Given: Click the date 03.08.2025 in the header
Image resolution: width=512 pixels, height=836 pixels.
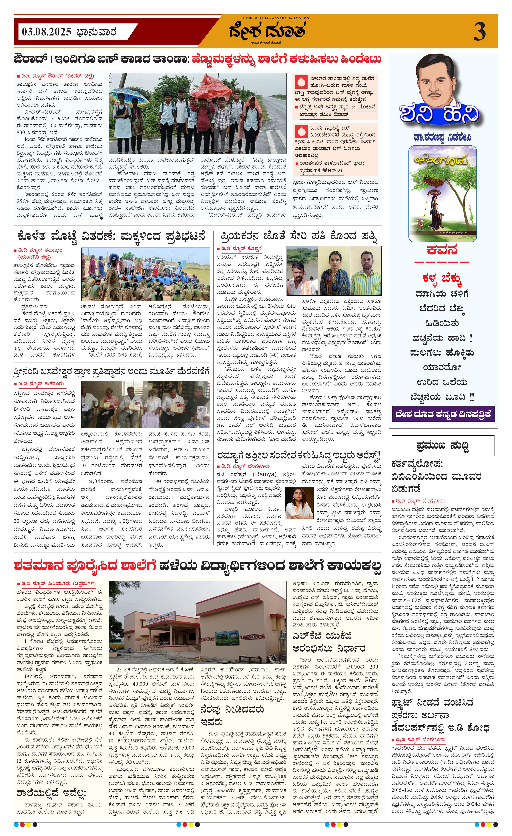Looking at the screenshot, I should [46, 32].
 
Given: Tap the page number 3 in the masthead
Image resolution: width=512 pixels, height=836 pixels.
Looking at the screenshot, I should [479, 32].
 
